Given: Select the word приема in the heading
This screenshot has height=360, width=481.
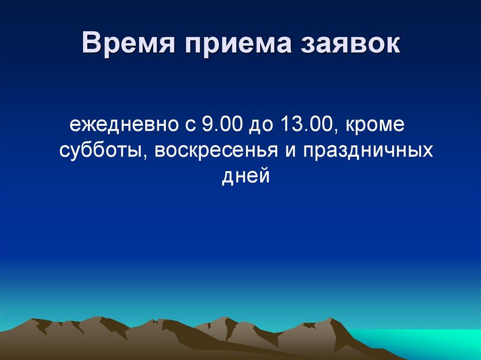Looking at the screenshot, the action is (x=238, y=45).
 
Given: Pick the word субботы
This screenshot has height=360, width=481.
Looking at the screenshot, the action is (x=100, y=151).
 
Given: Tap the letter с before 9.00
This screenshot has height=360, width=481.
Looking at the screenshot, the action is (x=190, y=126).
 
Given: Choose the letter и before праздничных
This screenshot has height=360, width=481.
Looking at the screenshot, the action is (x=290, y=151).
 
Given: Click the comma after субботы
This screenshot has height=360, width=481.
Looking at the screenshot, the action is (x=144, y=157).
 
